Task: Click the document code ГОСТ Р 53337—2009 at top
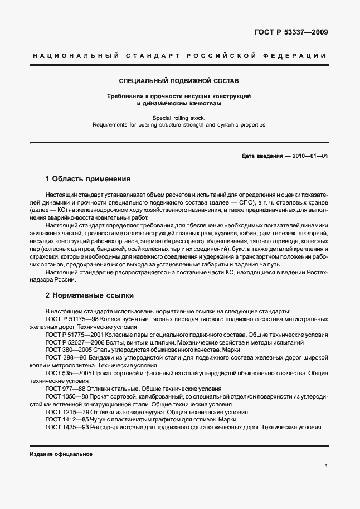point(291,32)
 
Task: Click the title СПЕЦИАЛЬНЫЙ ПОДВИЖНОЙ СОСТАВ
point(179,80)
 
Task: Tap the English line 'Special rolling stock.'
point(179,118)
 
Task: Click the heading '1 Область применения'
point(87,179)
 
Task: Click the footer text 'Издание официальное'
point(61,454)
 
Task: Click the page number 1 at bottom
point(325,466)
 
